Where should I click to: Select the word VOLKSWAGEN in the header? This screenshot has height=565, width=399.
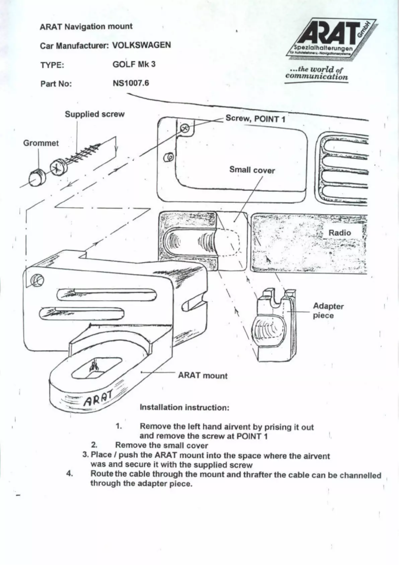(142, 45)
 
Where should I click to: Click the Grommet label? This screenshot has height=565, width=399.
(41, 143)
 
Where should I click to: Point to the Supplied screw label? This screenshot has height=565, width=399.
(95, 114)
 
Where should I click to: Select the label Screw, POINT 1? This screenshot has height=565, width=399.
(255, 119)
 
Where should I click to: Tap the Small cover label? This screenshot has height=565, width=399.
(252, 170)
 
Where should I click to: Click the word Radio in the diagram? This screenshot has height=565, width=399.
(339, 233)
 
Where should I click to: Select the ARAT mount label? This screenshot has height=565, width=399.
(202, 376)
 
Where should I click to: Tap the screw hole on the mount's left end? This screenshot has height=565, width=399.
(36, 281)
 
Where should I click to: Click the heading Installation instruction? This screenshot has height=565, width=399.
(184, 408)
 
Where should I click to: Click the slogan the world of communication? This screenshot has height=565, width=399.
(316, 74)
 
